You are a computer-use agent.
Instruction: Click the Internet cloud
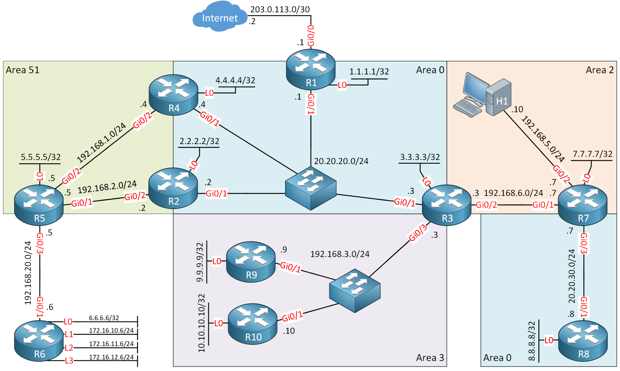[219, 17]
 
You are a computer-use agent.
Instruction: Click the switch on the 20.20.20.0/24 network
[311, 188]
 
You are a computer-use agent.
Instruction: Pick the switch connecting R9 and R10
[355, 290]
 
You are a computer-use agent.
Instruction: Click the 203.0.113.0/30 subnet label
[280, 9]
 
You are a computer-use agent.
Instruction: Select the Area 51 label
[23, 70]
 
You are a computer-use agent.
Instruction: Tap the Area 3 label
[430, 358]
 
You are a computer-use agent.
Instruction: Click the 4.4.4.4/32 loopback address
[235, 80]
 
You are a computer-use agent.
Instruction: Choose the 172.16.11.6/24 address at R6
[111, 344]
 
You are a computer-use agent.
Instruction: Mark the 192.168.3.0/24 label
[340, 254]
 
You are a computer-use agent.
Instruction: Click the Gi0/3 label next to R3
[418, 233]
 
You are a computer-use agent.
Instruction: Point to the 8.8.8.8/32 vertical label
[532, 341]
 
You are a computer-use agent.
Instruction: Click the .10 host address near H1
[517, 109]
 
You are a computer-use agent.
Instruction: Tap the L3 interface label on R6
[69, 361]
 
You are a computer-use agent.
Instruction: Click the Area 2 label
[599, 70]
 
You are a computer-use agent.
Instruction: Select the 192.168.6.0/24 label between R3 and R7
[513, 193]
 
